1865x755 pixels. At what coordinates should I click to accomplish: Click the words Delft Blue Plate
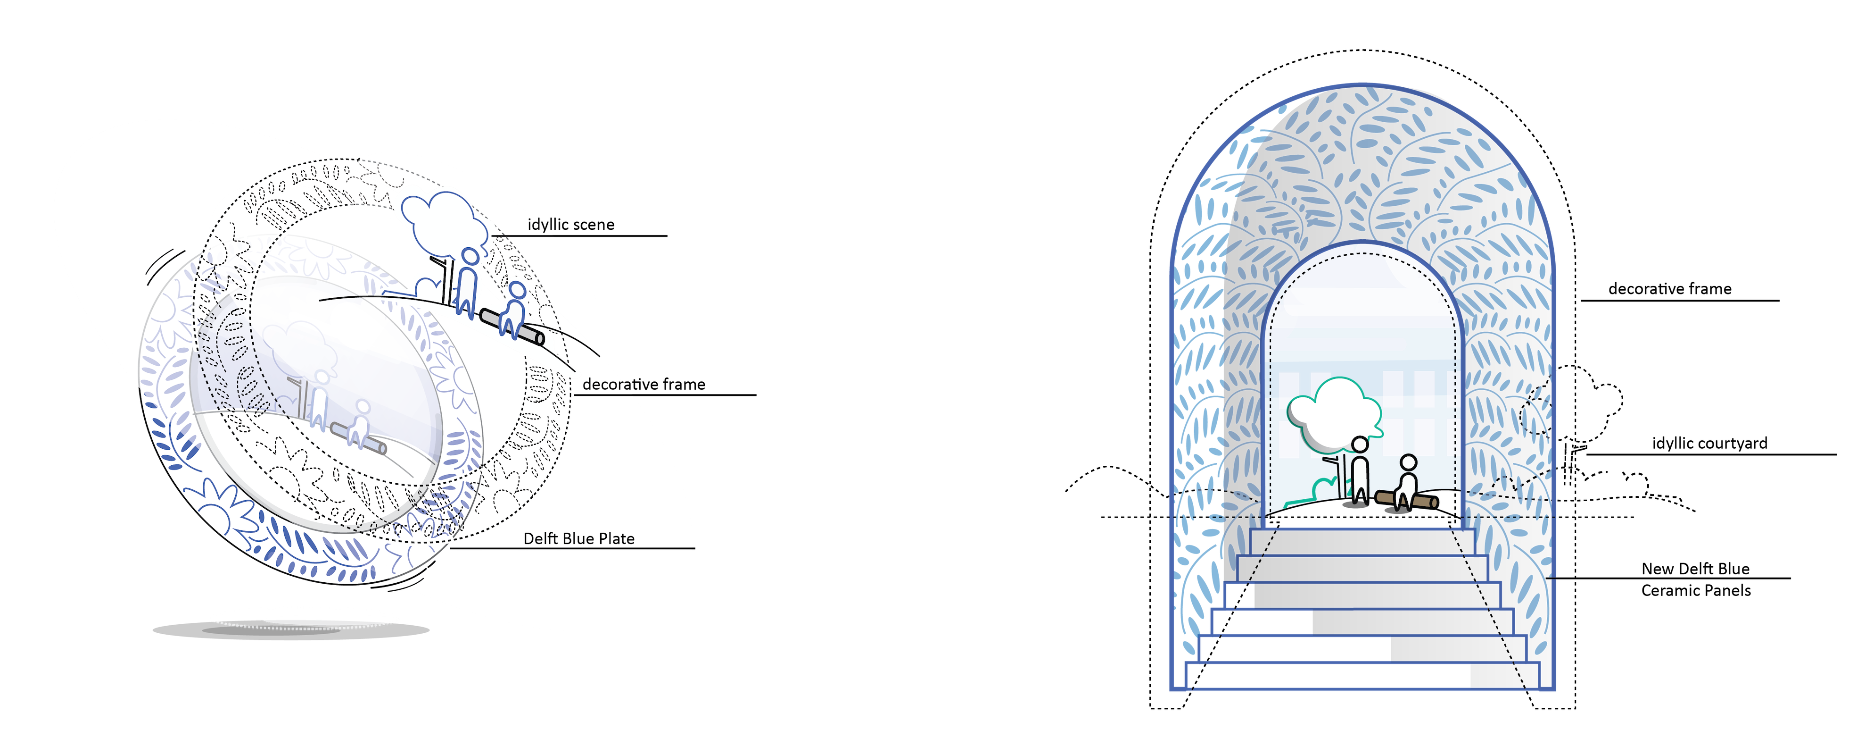[x=578, y=538]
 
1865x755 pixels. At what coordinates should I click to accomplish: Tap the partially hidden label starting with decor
[x=604, y=384]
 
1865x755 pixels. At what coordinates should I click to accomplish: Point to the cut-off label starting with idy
[x=536, y=226]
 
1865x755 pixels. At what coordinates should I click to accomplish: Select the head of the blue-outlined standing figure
[x=470, y=257]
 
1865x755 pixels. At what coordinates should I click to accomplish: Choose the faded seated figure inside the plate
[x=358, y=424]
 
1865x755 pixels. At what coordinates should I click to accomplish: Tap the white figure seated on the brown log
[x=1406, y=481]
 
